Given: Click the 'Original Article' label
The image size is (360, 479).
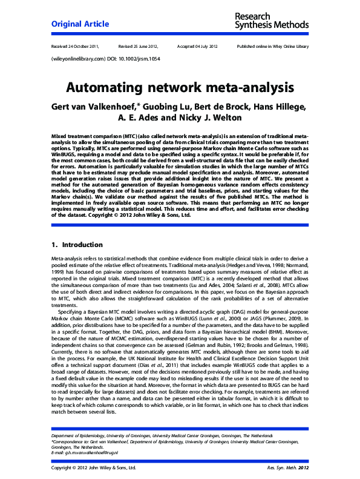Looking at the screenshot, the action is click(80, 24).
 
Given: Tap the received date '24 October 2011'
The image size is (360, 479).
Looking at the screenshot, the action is click(83, 46).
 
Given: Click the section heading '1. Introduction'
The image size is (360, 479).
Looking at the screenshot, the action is click(77, 245).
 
